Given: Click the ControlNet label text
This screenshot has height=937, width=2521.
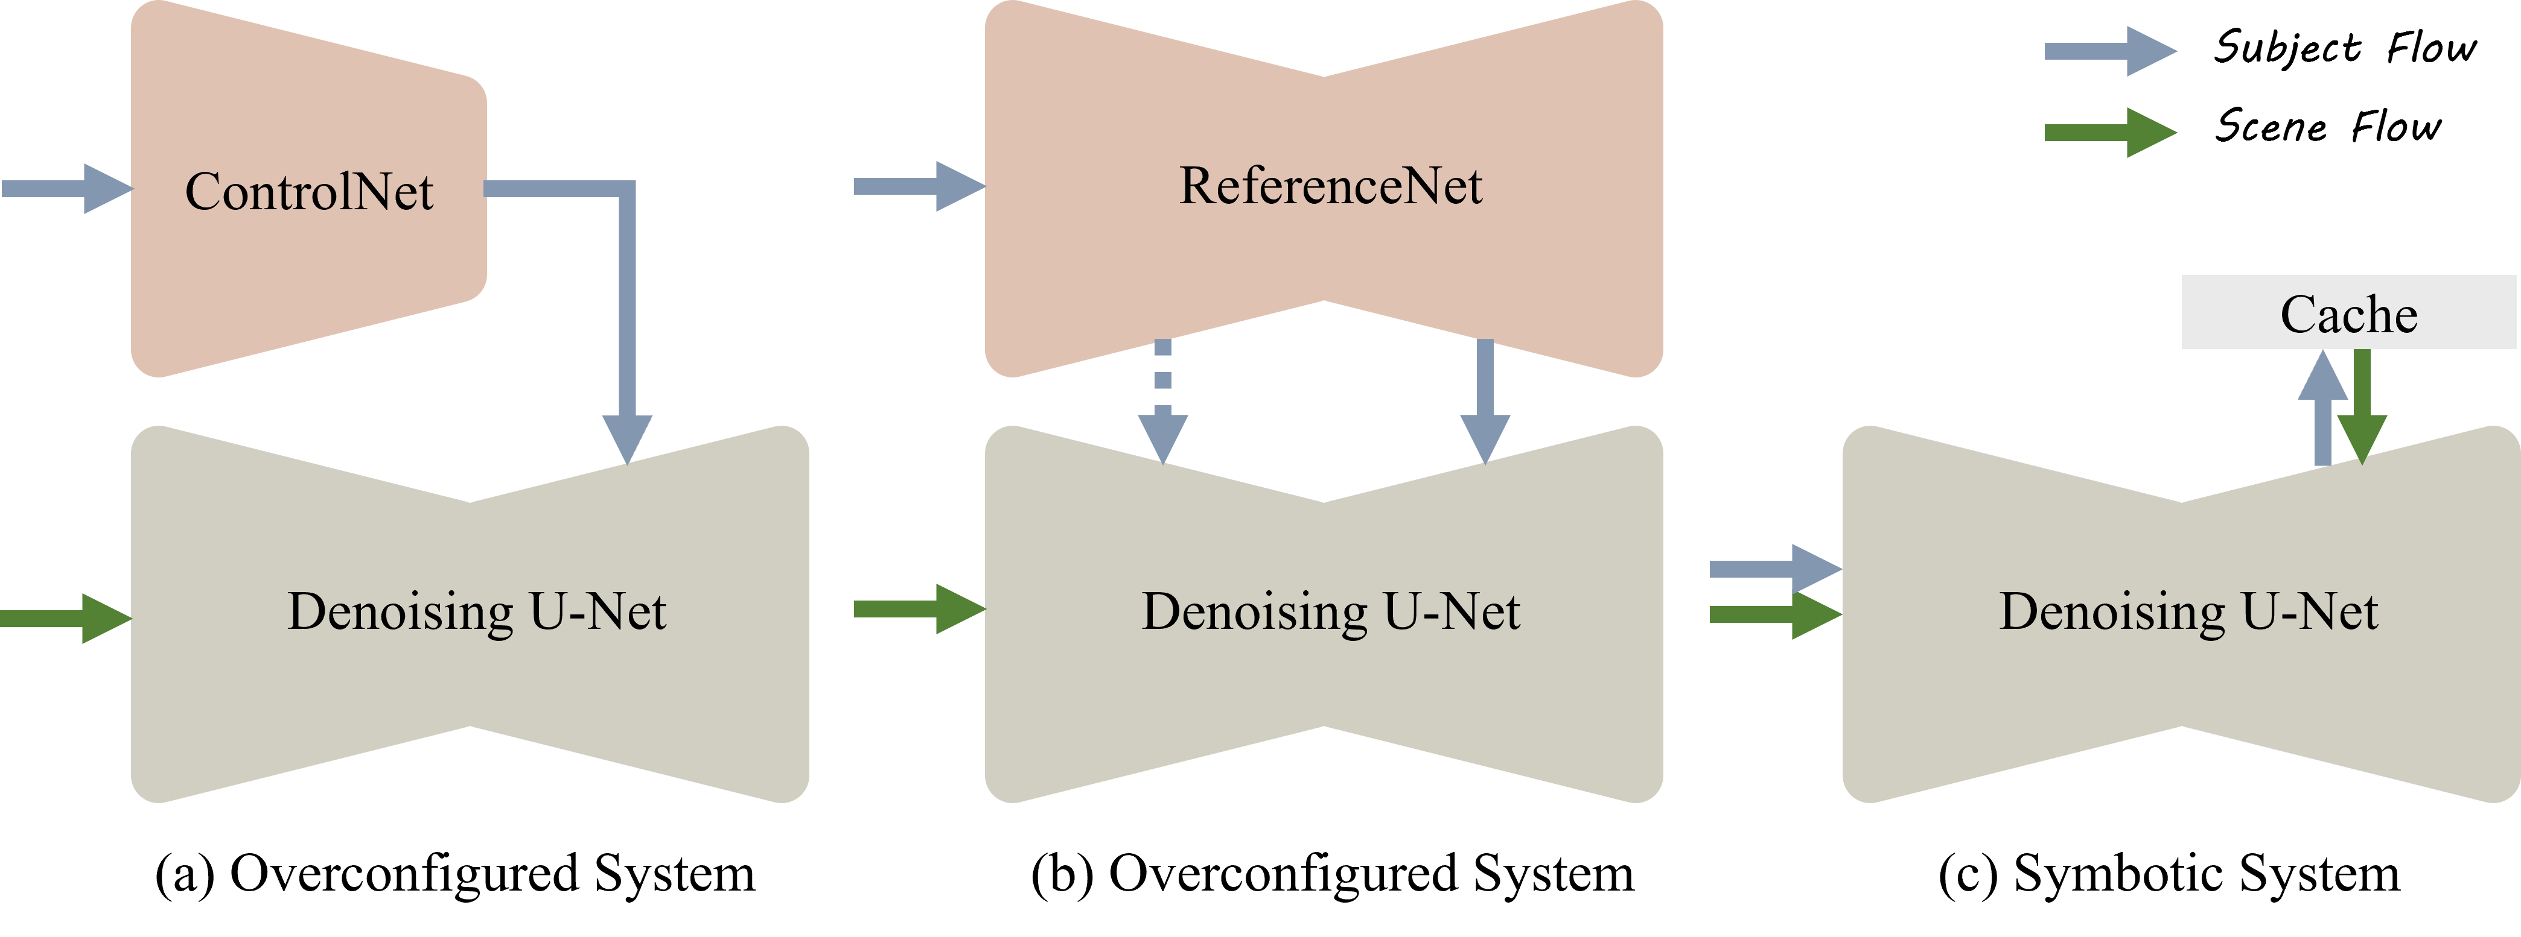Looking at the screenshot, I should tap(308, 192).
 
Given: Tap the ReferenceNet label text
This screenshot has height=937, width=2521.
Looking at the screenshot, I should tap(1330, 186).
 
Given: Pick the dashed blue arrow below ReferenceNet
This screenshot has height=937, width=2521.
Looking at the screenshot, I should tap(1162, 401).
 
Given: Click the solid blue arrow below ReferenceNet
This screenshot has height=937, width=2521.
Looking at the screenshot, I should tap(1485, 401).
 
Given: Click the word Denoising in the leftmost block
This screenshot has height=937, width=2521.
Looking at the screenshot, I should tap(400, 612).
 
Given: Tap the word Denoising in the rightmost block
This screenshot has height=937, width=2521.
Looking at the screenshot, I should tap(2112, 612).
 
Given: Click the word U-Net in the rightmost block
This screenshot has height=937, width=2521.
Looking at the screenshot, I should tap(2310, 612).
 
